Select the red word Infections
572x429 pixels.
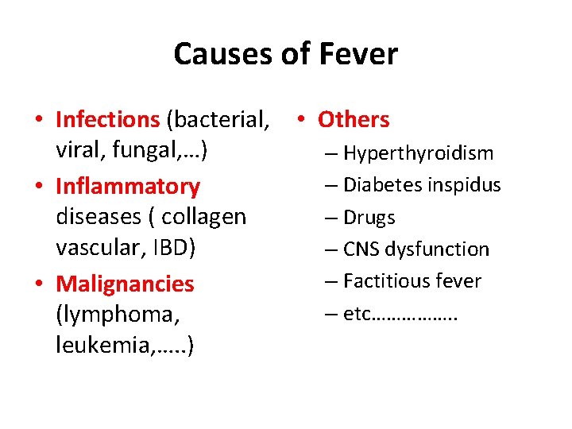[108, 120]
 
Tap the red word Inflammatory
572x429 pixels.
[128, 187]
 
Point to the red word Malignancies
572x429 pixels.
[126, 284]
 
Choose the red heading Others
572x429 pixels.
[354, 120]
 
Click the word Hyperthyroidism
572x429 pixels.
[419, 153]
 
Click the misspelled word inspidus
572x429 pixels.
[464, 185]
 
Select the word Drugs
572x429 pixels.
[369, 218]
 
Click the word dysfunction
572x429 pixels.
[438, 249]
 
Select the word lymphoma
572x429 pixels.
[114, 315]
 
